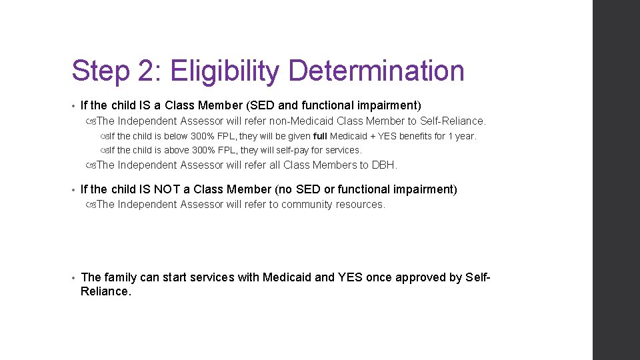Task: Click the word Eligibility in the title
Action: [x=225, y=71]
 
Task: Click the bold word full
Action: [x=320, y=136]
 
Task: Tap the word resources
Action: [x=363, y=205]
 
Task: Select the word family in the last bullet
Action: [x=120, y=277]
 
